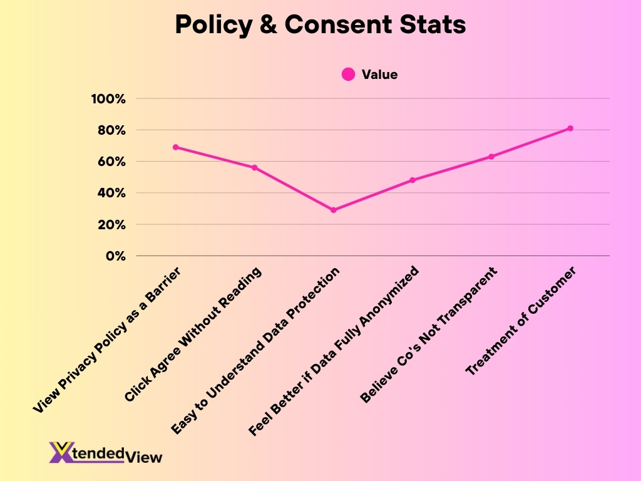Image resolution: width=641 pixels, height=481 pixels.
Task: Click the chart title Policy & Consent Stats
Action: coord(320,25)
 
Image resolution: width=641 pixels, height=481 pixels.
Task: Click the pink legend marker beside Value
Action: coord(349,75)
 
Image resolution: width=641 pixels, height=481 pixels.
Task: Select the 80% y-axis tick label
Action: coord(111,130)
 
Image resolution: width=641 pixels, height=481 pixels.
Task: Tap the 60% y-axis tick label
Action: coord(111,162)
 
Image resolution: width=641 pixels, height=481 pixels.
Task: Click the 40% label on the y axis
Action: coord(111,193)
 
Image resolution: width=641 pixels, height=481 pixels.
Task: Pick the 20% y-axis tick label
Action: coord(111,224)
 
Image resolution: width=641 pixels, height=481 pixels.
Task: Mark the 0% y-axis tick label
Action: coord(115,256)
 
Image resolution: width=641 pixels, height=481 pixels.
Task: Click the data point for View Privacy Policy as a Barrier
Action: coord(176,147)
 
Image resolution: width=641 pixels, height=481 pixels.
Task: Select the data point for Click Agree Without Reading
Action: coord(255,168)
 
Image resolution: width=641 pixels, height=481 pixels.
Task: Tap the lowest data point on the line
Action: coord(334,210)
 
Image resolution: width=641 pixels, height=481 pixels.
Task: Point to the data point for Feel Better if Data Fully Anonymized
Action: coord(413,180)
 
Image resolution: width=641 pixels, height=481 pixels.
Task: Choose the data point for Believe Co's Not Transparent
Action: coord(491,157)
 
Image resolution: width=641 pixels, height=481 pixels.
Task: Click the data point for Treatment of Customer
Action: coord(570,128)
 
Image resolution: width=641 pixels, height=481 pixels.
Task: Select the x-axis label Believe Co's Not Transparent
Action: coord(429,335)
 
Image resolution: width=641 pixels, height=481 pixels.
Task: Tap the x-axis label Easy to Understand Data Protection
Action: coord(256,351)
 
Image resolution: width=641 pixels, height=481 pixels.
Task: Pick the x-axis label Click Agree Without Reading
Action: coord(193,334)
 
